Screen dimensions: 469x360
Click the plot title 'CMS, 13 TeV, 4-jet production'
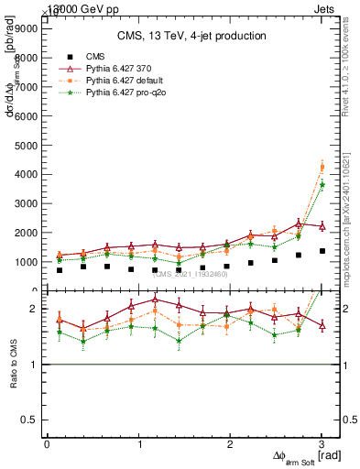pyautogui.click(x=191, y=36)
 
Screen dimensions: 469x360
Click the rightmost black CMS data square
pyautogui.click(x=322, y=251)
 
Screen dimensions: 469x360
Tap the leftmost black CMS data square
pyautogui.click(x=60, y=270)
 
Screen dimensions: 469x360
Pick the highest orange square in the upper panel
pyautogui.click(x=322, y=167)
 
